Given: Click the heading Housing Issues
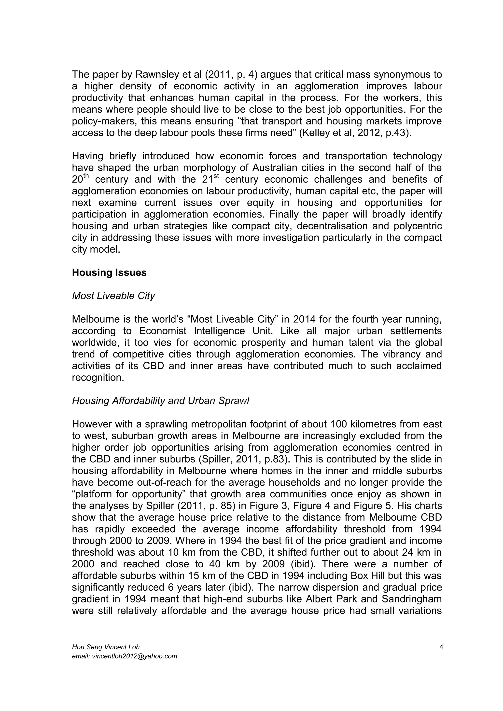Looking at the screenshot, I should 109,273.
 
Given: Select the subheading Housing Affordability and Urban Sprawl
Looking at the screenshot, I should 160,401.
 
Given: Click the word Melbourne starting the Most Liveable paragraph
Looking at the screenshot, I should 95,319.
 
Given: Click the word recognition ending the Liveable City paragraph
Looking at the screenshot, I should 98,378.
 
